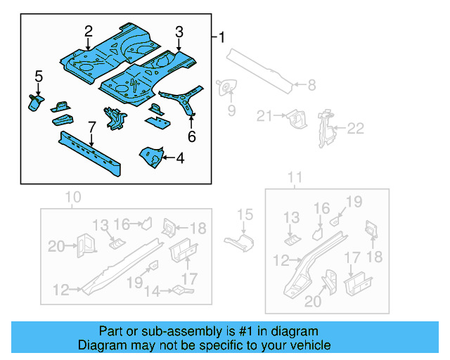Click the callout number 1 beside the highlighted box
[223, 37]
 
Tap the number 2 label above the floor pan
[89, 31]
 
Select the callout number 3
[179, 32]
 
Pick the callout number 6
[191, 137]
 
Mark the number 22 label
[358, 127]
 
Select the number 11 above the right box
[295, 176]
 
